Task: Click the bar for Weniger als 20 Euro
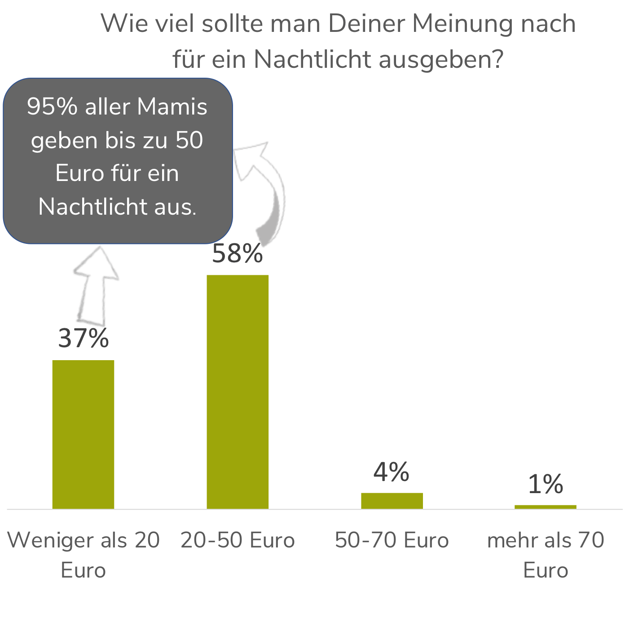pos(83,434)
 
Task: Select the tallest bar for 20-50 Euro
pos(238,392)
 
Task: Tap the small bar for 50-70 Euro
pos(392,501)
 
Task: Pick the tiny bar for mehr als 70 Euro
pos(545,507)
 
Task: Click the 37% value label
pos(84,338)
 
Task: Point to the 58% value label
pos(238,253)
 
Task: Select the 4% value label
pos(392,472)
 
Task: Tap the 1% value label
pos(545,484)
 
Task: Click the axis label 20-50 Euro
pos(238,540)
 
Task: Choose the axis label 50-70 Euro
pos(392,540)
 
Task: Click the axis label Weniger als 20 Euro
pos(84,555)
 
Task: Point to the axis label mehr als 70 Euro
pos(546,555)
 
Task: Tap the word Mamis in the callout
pos(172,107)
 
